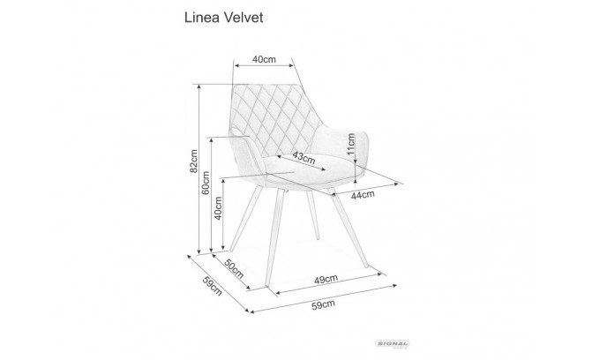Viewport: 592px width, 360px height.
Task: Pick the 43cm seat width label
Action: pyautogui.click(x=304, y=158)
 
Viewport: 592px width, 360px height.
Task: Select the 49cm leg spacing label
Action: pyautogui.click(x=326, y=280)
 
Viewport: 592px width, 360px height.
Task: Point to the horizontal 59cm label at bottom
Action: pyautogui.click(x=323, y=304)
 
